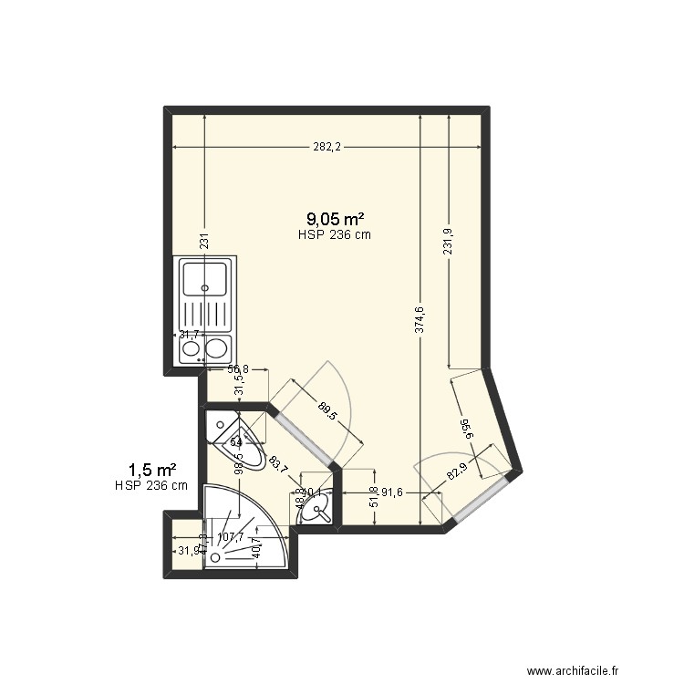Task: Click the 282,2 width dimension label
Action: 326,148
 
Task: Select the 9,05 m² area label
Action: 336,218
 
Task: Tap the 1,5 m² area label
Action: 151,470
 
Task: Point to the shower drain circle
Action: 215,555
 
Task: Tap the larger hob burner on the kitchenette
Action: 217,347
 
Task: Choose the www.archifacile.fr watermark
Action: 586,670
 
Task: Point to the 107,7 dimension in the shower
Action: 229,537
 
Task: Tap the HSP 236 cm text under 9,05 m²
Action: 334,234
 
